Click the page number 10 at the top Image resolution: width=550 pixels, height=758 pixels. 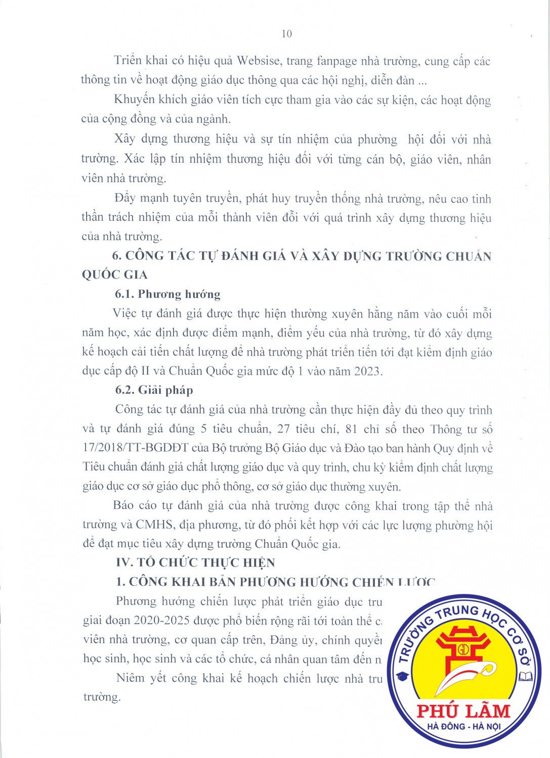click(x=286, y=34)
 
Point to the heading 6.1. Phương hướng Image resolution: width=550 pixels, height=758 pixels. click(x=167, y=294)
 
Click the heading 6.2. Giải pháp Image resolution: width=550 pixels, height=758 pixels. click(x=154, y=390)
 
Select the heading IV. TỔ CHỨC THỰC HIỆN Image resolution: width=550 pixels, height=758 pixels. click(x=195, y=563)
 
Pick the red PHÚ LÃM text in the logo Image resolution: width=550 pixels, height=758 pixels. click(x=463, y=711)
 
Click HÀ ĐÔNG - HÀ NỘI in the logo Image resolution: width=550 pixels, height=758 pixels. click(x=463, y=727)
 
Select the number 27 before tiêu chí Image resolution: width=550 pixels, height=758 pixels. click(x=283, y=429)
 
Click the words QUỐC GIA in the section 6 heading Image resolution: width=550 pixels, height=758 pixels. click(x=115, y=275)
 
